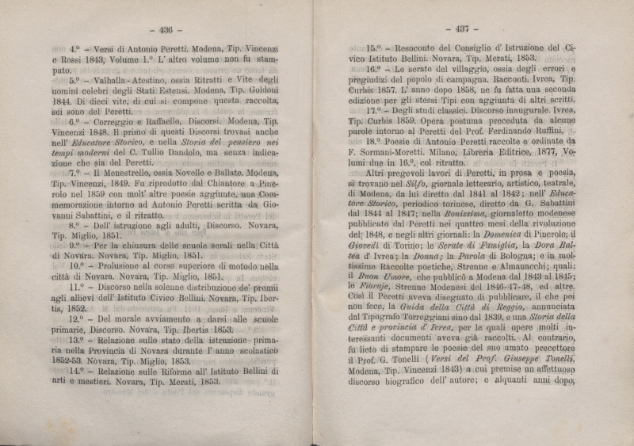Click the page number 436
coord(165,29)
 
